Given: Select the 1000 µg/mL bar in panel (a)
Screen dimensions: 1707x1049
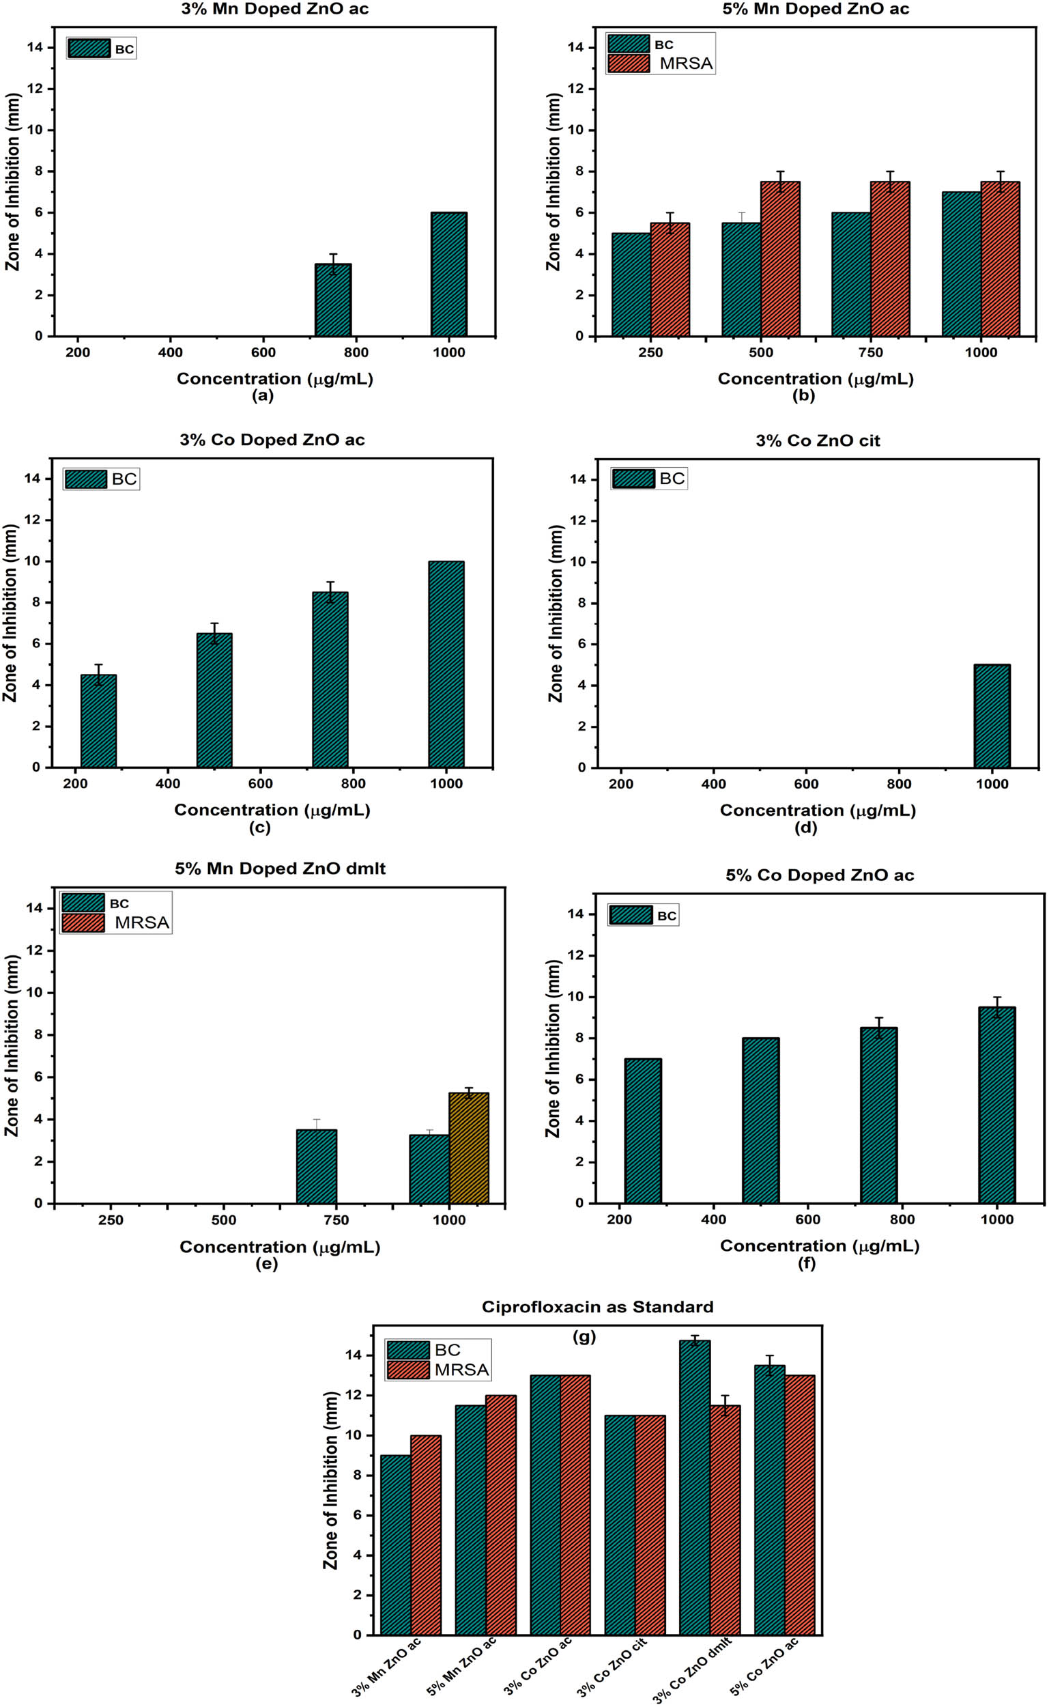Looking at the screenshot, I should (448, 274).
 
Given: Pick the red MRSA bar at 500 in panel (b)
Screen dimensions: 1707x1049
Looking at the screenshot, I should (780, 259).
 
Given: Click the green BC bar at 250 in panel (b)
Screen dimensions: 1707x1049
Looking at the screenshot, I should (631, 285).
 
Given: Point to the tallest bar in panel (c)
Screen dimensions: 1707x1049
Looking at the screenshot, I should (446, 664).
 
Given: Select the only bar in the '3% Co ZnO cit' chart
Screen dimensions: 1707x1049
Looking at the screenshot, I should (992, 716).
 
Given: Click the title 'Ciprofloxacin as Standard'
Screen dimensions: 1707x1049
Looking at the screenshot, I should (597, 1307).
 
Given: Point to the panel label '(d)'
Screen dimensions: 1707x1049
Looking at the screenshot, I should (805, 827).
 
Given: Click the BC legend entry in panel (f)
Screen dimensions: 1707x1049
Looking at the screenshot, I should (643, 915).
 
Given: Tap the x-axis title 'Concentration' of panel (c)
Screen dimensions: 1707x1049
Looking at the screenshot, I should (271, 810).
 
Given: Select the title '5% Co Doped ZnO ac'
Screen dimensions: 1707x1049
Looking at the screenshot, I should (820, 875).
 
